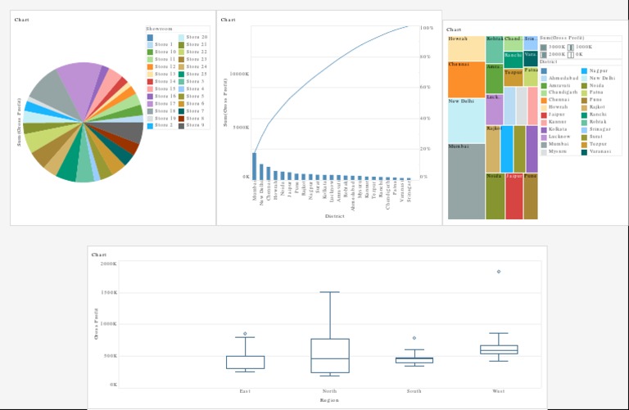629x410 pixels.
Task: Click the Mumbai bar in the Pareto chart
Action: click(254, 165)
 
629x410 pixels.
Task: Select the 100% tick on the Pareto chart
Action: click(426, 28)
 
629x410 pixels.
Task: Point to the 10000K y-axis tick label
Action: click(238, 74)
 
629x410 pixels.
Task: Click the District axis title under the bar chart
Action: click(334, 216)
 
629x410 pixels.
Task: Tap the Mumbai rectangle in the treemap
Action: click(466, 180)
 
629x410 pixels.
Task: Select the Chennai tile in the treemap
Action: click(466, 79)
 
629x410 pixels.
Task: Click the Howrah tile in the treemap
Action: click(466, 47)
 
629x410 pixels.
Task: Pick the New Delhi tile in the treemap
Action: click(466, 119)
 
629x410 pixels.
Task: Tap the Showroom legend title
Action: click(159, 29)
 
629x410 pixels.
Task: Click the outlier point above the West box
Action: click(498, 272)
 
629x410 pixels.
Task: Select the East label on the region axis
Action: click(245, 391)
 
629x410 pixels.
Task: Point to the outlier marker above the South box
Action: click(414, 338)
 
